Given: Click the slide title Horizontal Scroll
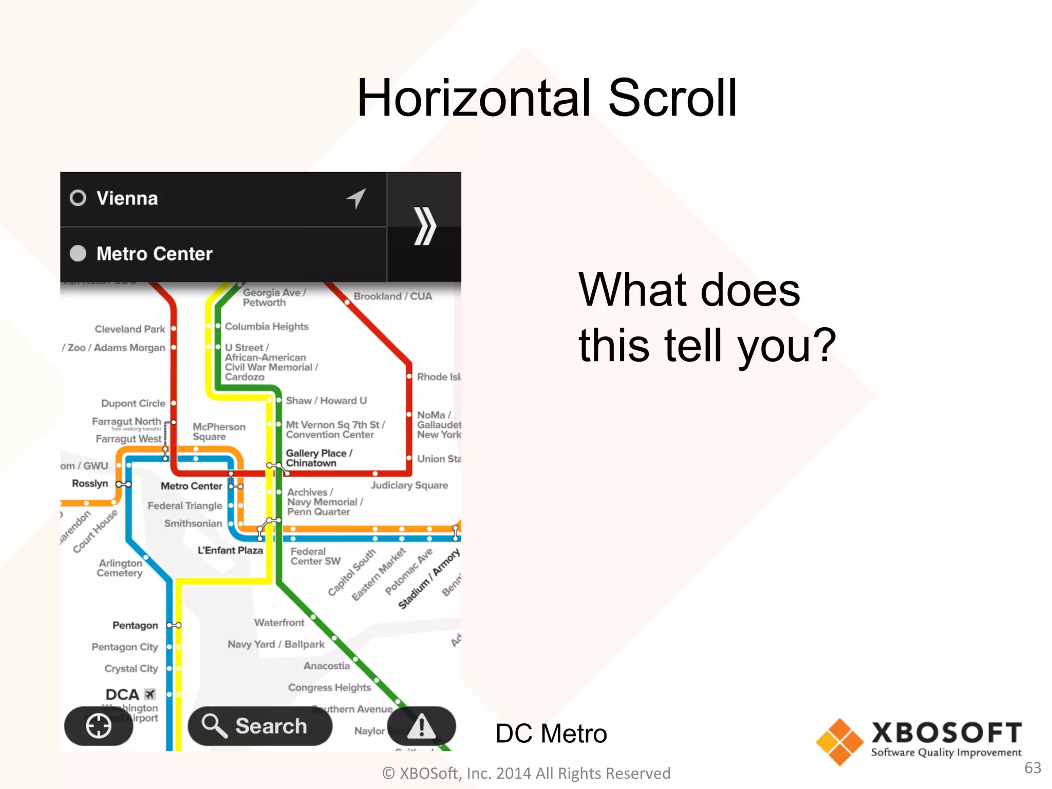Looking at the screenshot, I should [x=547, y=98].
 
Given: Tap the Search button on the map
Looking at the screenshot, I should [x=260, y=726].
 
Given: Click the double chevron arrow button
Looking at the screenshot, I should [x=424, y=226].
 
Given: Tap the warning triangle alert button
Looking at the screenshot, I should [x=421, y=726].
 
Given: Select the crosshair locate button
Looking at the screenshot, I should [x=99, y=726].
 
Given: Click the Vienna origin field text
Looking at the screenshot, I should [x=127, y=198].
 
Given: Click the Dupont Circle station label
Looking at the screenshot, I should [x=133, y=403].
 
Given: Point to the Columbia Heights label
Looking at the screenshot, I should [x=267, y=327].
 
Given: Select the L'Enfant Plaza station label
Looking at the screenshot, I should [x=230, y=550].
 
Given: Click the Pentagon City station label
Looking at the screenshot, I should [x=125, y=647].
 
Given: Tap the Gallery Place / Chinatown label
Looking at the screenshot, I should [x=318, y=458].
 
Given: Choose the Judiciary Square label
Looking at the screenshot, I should [x=409, y=485].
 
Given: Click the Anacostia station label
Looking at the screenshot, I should [x=327, y=666].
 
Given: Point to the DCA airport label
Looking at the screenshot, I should [x=122, y=694].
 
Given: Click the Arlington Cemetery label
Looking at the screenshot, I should [x=120, y=568].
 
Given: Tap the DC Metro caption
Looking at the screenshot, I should [x=551, y=734].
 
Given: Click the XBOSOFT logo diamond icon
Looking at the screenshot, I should [x=839, y=742].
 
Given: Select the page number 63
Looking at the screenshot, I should [x=1032, y=767].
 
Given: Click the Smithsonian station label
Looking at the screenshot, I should [x=193, y=523].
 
